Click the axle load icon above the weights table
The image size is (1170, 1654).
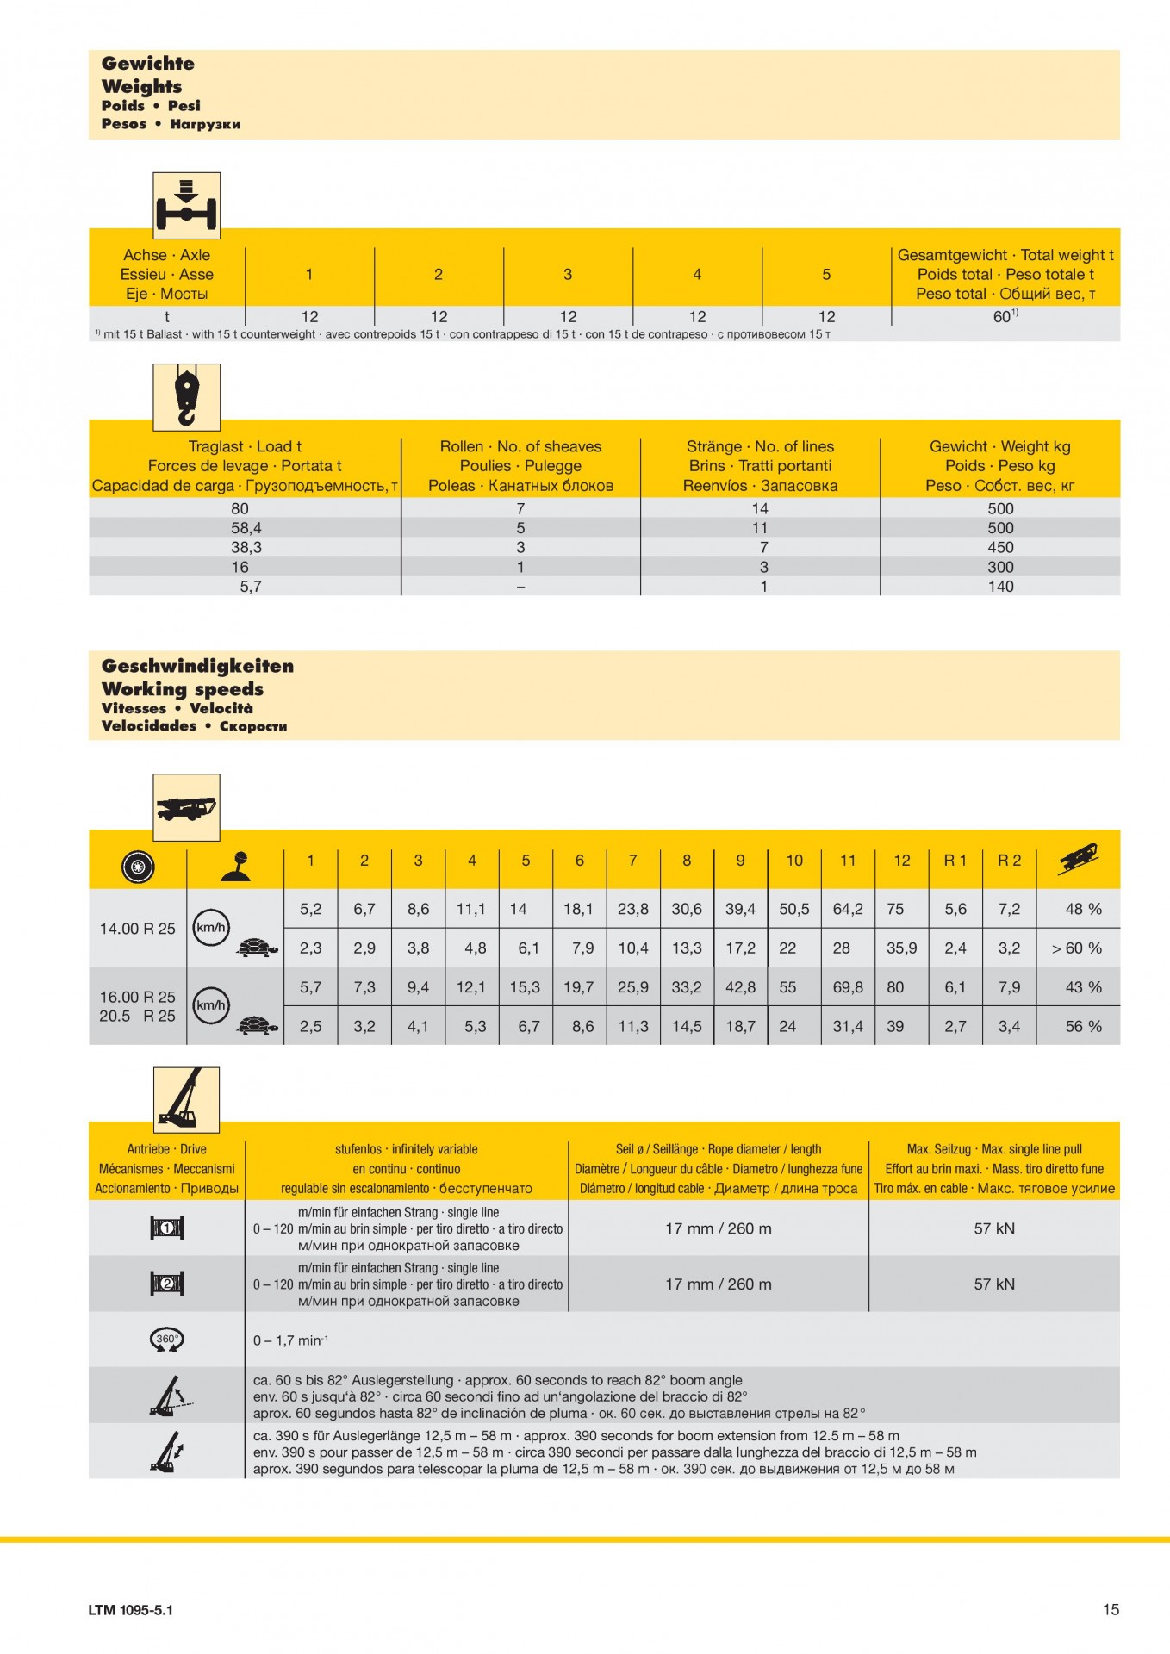coord(186,205)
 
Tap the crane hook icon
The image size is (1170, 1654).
coord(186,396)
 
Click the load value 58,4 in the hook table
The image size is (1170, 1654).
coord(246,528)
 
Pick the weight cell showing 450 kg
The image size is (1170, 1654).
coord(1000,548)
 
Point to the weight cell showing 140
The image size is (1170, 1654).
coord(1000,587)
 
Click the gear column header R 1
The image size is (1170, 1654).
coord(955,860)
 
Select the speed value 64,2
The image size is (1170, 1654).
coord(848,909)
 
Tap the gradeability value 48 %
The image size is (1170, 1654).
coord(1083,909)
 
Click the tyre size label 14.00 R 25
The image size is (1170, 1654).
coord(137,929)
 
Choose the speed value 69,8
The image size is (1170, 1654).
coord(848,987)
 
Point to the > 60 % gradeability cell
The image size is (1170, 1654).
coord(1077,948)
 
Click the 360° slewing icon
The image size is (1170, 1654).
coord(166,1340)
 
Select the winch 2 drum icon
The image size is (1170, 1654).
coord(166,1284)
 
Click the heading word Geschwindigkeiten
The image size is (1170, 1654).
coord(197,666)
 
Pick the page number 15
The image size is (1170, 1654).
coord(1111,1609)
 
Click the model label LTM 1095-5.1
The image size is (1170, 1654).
coord(130,1610)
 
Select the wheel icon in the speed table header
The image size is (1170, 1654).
coord(138,866)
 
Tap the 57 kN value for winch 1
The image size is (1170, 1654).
coord(994,1228)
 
